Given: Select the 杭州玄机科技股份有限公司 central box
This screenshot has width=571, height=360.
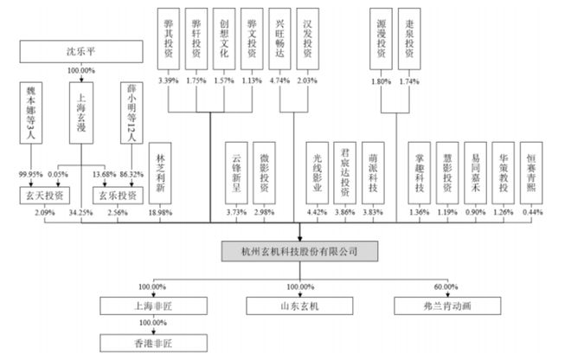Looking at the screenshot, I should point(298,252).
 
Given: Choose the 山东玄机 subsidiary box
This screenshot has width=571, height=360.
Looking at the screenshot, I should point(298,305).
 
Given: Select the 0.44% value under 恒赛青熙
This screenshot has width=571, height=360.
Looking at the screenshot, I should point(530,213).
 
